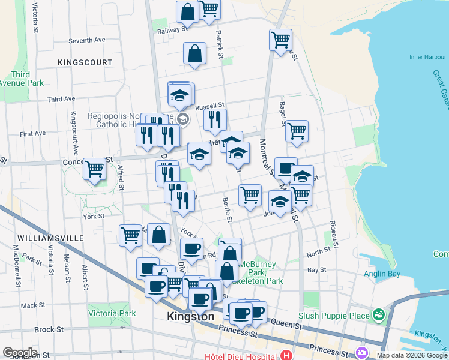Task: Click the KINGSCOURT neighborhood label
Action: coord(85,62)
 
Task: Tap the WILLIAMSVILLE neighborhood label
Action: coord(50,238)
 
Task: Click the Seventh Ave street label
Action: coord(86,40)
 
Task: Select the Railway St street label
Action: coord(173,31)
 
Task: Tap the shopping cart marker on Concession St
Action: coord(95,169)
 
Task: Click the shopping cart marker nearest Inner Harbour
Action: coord(281,40)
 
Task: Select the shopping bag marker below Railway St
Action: coord(195,53)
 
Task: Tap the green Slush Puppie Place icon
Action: coord(378,314)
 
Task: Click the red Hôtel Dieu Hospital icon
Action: coord(287,355)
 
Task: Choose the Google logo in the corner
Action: coord(20,353)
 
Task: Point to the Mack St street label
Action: coord(28,305)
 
